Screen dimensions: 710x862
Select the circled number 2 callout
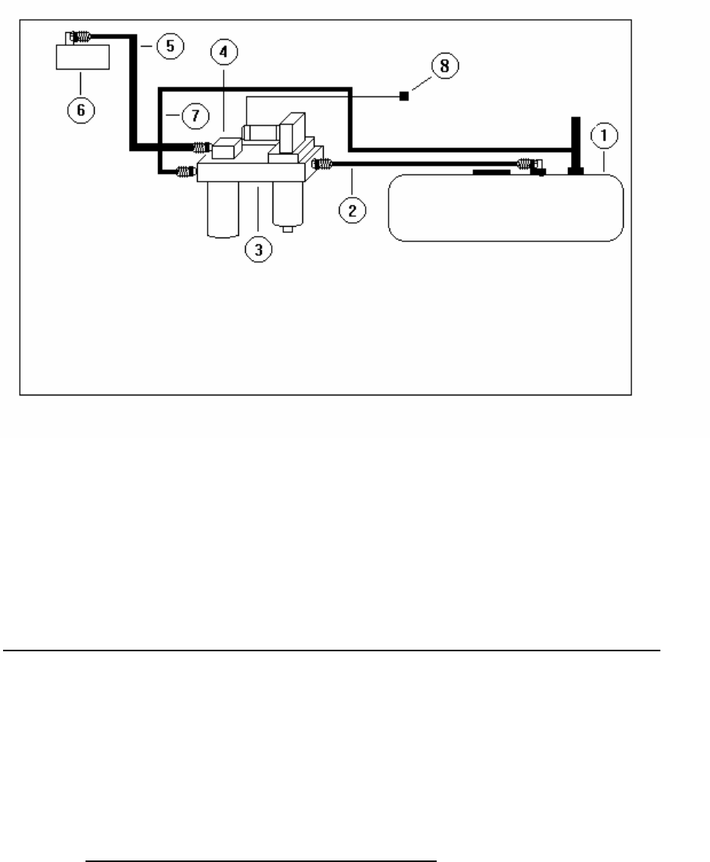click(352, 210)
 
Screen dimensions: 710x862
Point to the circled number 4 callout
click(224, 53)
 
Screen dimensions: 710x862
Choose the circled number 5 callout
click(169, 46)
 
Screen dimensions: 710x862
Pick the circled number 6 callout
click(81, 109)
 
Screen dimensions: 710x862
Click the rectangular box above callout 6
click(82, 56)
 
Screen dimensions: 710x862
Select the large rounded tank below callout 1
click(506, 208)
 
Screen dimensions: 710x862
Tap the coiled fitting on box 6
click(80, 35)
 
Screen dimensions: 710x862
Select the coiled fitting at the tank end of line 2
click(527, 163)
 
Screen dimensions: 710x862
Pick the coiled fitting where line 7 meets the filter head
click(185, 171)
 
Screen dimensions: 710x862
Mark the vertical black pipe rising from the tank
click(576, 145)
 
